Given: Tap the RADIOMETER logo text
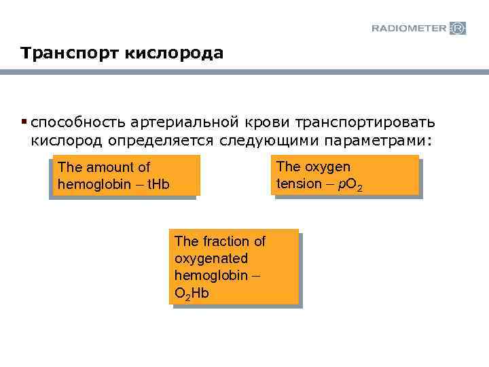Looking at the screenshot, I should click(409, 28).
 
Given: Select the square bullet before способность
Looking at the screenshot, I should click(24, 122).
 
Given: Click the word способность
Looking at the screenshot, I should click(76, 123).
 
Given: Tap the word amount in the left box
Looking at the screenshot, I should click(105, 167).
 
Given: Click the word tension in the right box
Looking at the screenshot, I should click(299, 183).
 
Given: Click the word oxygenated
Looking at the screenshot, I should click(211, 259).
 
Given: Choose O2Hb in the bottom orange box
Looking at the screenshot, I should click(192, 294).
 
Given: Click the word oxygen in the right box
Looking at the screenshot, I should click(327, 167).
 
